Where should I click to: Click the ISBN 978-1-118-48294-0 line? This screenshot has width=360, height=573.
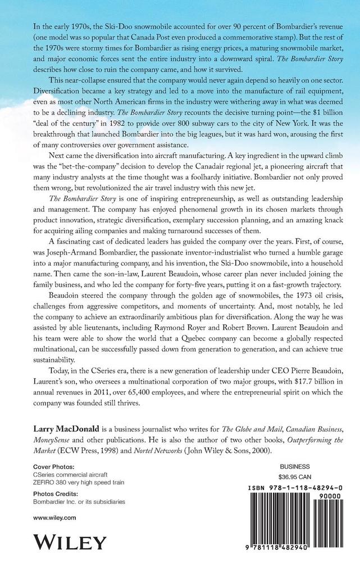(x=295, y=489)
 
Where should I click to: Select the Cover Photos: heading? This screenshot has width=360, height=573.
(x=53, y=466)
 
